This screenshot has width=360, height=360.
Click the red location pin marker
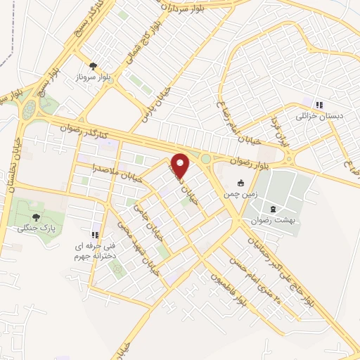(181, 165)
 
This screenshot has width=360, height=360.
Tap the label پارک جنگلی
(48, 229)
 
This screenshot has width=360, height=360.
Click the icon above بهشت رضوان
(273, 209)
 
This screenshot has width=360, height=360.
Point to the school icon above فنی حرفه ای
(94, 234)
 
